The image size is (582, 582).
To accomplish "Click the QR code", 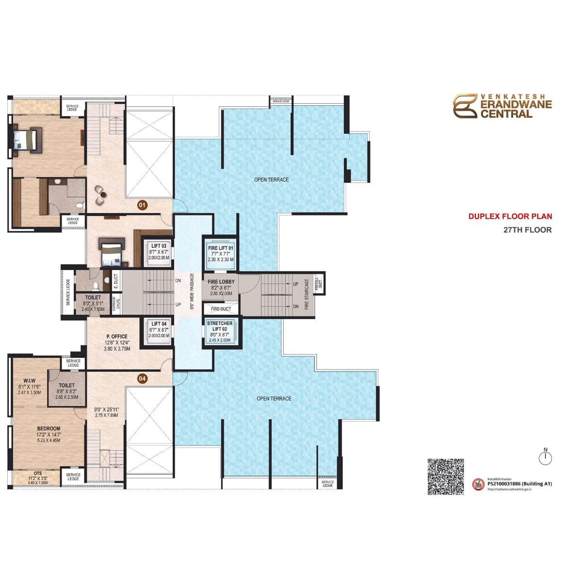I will (x=446, y=476).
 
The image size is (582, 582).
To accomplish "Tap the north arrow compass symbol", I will (x=546, y=457).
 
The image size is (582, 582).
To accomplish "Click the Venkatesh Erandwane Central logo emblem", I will (x=465, y=106).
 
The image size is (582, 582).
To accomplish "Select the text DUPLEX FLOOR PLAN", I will (x=510, y=217).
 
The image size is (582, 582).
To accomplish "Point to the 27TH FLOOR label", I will (x=528, y=230).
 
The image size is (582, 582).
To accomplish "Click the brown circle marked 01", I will (x=142, y=206).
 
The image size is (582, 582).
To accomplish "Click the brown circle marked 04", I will (x=142, y=379).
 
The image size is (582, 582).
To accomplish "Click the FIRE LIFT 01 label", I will (x=221, y=248).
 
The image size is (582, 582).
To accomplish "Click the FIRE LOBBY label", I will (x=221, y=282).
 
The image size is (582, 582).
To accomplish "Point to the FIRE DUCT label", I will (x=221, y=309).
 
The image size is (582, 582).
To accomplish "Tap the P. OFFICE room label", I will (x=117, y=337).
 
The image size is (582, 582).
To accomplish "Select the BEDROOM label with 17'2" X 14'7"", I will (x=49, y=429).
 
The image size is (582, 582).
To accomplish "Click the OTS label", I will (x=37, y=473).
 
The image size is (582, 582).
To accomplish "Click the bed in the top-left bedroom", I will (x=26, y=139).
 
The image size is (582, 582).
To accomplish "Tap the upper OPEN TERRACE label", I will (x=272, y=180).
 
